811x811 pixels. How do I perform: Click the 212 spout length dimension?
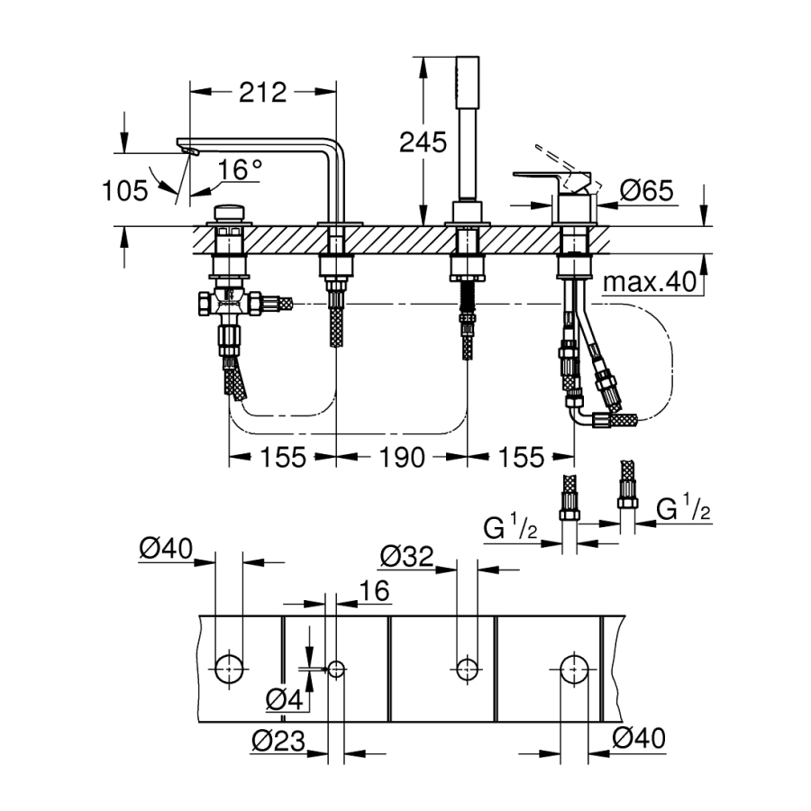[263, 93]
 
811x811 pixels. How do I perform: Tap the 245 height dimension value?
[424, 142]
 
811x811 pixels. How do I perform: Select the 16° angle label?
[240, 169]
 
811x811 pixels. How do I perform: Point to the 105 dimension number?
[125, 190]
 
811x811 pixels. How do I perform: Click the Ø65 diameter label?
[646, 190]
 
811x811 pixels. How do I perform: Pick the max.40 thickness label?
[650, 282]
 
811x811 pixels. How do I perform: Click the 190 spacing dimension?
[403, 457]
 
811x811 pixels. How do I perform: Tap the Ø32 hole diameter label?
[406, 557]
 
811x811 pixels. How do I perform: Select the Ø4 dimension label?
[284, 700]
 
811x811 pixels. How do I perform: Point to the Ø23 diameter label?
[278, 742]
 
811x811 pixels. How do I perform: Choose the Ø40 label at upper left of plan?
[166, 548]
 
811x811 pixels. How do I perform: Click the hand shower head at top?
[468, 82]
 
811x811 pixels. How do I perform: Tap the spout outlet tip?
[190, 150]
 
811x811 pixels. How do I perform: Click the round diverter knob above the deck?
[230, 213]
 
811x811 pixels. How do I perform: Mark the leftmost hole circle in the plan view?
[229, 669]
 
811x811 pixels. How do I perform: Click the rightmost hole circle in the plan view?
[574, 669]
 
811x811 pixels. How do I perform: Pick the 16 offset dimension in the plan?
[374, 590]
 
